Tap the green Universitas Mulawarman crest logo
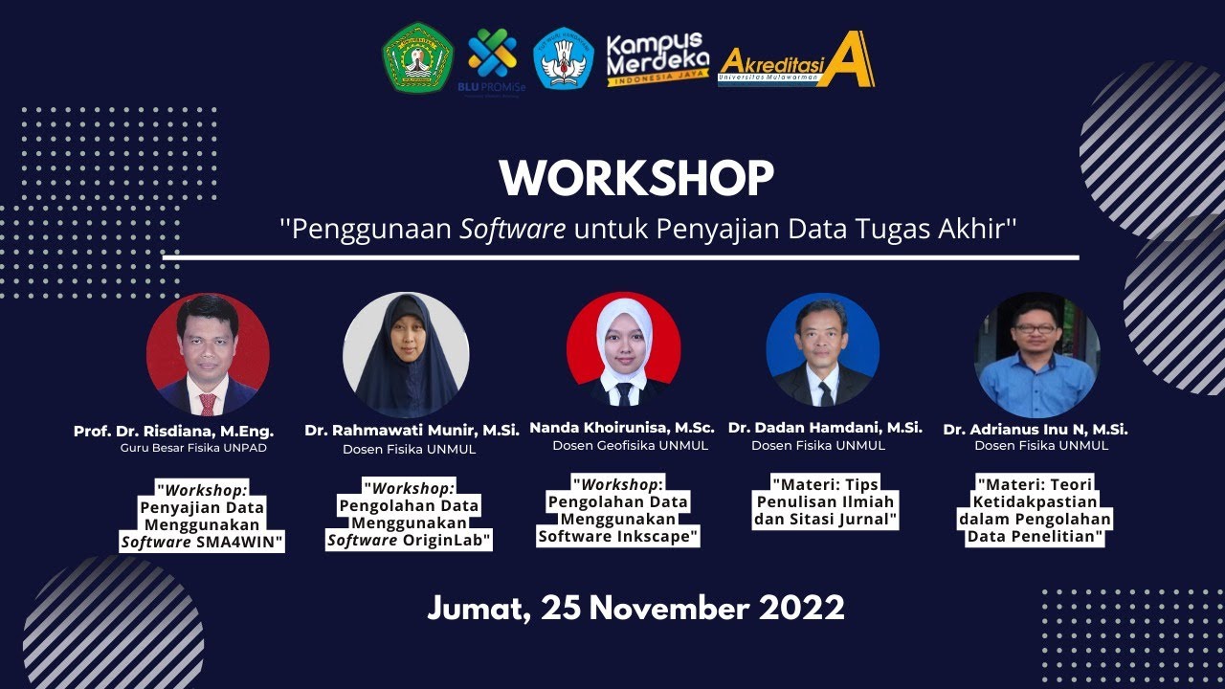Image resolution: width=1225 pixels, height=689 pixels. pos(417,57)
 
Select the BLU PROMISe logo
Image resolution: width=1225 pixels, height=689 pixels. pos(492,59)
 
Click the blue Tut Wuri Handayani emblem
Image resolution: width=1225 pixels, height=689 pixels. pos(563,58)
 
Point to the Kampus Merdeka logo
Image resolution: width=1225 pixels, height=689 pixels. pos(657,58)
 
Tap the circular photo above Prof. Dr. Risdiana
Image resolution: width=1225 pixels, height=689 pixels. pos(208,355)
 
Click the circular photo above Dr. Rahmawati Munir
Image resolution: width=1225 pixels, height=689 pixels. pos(406,355)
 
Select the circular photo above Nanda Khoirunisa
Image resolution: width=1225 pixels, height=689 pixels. pos(624,349)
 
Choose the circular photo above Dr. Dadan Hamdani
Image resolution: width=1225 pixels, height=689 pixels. pos(822,349)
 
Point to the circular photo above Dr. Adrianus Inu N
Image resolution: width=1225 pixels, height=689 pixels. pos(1036,355)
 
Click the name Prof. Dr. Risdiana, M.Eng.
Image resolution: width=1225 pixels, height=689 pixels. pos(173,432)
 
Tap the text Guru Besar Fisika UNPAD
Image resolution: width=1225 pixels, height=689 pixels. pos(193,448)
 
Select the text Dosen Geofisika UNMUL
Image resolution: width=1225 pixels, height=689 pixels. pos(630,446)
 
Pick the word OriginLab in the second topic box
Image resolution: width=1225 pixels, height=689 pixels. pos(445,541)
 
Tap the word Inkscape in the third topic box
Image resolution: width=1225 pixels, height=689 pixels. pos(659,536)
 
